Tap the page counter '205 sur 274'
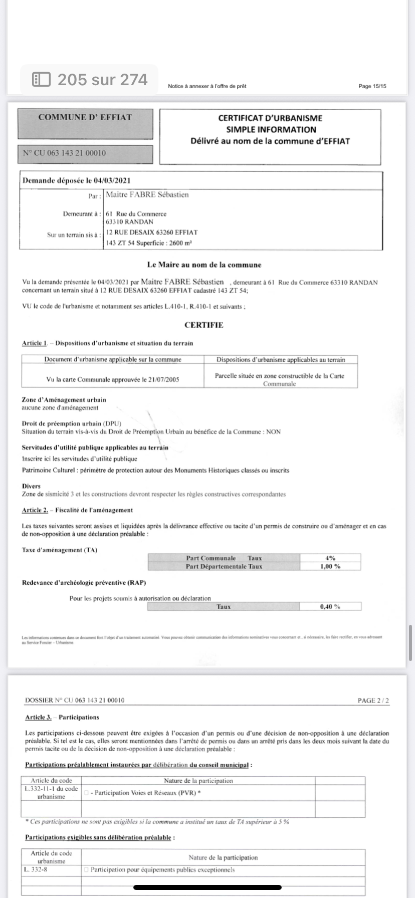(90, 80)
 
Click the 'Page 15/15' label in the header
(372, 86)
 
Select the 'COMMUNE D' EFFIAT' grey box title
(85, 117)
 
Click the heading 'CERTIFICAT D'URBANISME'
(270, 118)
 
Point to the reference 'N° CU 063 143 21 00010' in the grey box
(65, 153)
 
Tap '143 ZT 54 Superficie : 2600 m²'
(149, 243)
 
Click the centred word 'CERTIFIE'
(204, 325)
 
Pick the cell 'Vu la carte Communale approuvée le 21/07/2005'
(113, 379)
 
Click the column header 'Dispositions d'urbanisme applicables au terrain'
(281, 359)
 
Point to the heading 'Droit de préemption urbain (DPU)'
(72, 423)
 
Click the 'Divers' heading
(31, 486)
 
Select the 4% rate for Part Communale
(330, 558)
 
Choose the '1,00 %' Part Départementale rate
(330, 566)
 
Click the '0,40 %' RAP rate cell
(330, 606)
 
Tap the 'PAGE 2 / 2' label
(373, 700)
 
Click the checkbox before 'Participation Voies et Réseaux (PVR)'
(87, 793)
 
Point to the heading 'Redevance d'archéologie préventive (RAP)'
(84, 583)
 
